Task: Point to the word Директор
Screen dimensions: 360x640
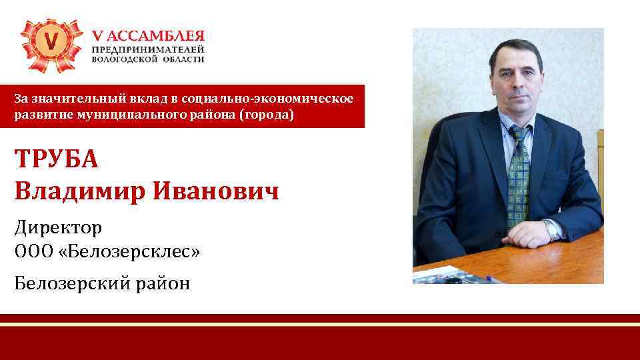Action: [x=58, y=229]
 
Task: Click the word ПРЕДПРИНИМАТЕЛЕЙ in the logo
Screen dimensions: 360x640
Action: [x=148, y=49]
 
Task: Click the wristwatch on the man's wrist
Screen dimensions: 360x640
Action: [x=552, y=231]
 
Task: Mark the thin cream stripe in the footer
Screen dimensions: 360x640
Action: [x=320, y=324]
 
